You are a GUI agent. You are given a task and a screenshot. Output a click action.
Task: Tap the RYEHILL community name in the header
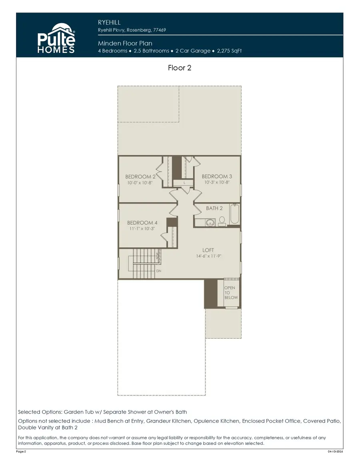click(109, 22)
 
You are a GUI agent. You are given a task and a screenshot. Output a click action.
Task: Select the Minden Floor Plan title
click(125, 43)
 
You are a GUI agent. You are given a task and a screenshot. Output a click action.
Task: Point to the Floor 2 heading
click(180, 68)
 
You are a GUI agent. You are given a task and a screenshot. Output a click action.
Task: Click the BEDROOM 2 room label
click(138, 176)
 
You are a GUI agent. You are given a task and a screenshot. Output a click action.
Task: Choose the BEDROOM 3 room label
click(217, 176)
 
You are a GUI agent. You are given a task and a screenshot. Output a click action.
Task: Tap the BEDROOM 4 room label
click(142, 222)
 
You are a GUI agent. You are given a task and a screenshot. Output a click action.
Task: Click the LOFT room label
click(214, 250)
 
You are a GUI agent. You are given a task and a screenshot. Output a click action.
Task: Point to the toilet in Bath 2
click(222, 221)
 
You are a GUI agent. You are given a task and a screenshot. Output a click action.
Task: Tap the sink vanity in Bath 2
click(210, 222)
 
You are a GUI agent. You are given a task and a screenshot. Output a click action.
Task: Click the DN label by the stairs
click(158, 271)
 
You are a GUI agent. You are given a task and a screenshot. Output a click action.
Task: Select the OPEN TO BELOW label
click(230, 293)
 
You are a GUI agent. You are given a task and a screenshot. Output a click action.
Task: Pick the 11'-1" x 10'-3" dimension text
click(142, 229)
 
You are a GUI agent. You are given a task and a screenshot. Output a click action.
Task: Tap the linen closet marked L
click(184, 182)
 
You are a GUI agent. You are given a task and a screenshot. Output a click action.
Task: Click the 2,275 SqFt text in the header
click(229, 51)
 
